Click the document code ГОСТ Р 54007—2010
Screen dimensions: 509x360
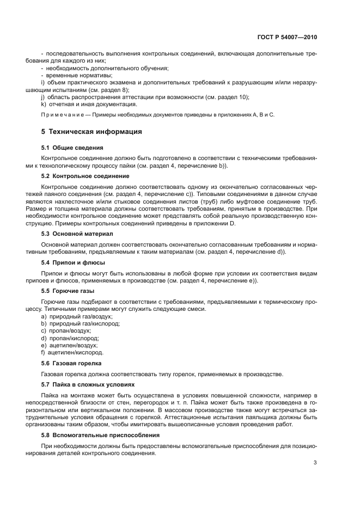(287, 38)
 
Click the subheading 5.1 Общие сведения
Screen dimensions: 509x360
(72, 148)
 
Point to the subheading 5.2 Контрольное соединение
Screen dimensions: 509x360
(85, 176)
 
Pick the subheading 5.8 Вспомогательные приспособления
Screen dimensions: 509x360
(100, 435)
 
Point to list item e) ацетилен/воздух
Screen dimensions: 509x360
(69, 345)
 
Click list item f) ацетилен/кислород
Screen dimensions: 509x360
(72, 352)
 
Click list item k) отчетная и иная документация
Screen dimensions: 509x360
(89, 104)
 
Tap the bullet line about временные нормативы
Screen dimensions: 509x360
(69, 75)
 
